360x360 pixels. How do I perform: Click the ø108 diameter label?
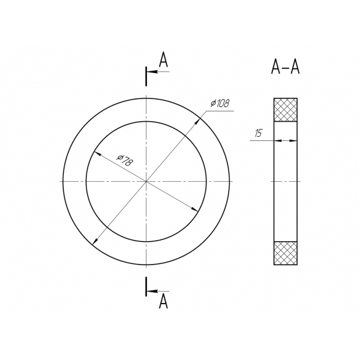[220, 103]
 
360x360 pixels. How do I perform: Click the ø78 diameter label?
[125, 160]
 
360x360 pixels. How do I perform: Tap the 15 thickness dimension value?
[258, 133]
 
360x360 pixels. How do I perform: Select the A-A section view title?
[286, 67]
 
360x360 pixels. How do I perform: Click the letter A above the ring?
[163, 59]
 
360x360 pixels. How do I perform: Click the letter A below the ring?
[163, 301]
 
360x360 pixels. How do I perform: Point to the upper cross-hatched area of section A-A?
[286, 110]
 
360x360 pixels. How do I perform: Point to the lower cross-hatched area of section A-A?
[286, 253]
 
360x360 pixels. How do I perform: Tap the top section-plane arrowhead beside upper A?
[152, 71]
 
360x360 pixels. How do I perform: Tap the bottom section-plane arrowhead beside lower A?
[152, 291]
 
